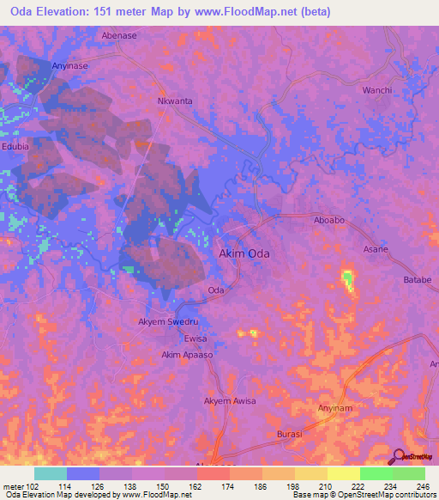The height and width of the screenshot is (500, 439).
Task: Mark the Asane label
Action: coord(376,249)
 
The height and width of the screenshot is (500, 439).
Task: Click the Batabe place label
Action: coord(417,280)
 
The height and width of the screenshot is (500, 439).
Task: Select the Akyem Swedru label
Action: coord(165,322)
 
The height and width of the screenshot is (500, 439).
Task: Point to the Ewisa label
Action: coord(195,338)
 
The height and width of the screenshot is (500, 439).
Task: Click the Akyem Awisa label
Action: coord(229,401)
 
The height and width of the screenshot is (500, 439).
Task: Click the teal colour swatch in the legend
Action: coord(51,473)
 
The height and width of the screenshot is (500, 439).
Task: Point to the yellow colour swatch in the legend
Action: coord(344,473)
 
